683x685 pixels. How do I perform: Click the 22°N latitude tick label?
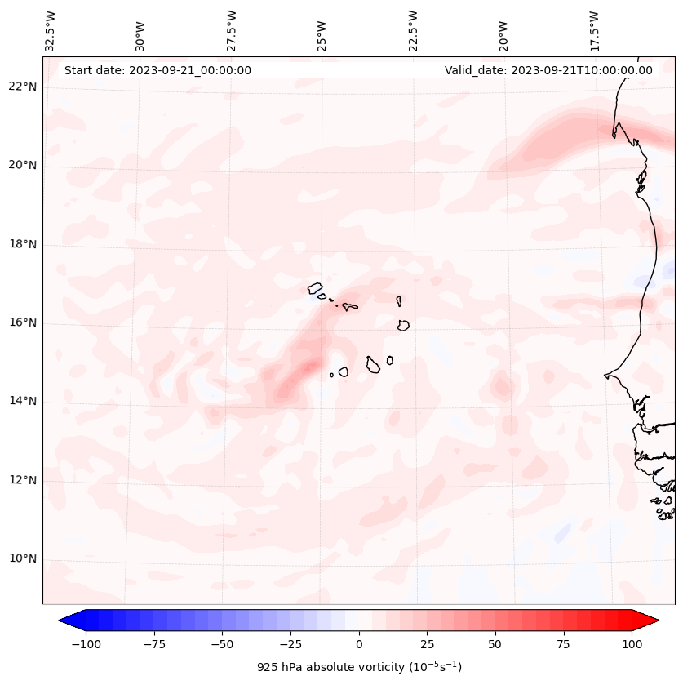pyautogui.click(x=23, y=87)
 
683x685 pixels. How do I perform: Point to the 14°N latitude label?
pyautogui.click(x=23, y=401)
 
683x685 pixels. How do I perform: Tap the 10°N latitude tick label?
pyautogui.click(x=23, y=558)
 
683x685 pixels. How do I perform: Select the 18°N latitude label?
pyautogui.click(x=23, y=244)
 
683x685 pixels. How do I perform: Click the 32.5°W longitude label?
pyautogui.click(x=51, y=31)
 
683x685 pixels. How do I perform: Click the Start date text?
pyautogui.click(x=157, y=70)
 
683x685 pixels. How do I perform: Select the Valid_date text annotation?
pyautogui.click(x=548, y=70)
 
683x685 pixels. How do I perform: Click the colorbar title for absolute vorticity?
pyautogui.click(x=359, y=667)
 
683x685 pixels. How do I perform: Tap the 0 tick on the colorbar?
pyautogui.click(x=359, y=644)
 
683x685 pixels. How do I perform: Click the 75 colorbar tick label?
pyautogui.click(x=563, y=644)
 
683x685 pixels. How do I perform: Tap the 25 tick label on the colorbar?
pyautogui.click(x=427, y=644)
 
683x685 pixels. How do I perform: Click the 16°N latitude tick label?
pyautogui.click(x=23, y=322)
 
